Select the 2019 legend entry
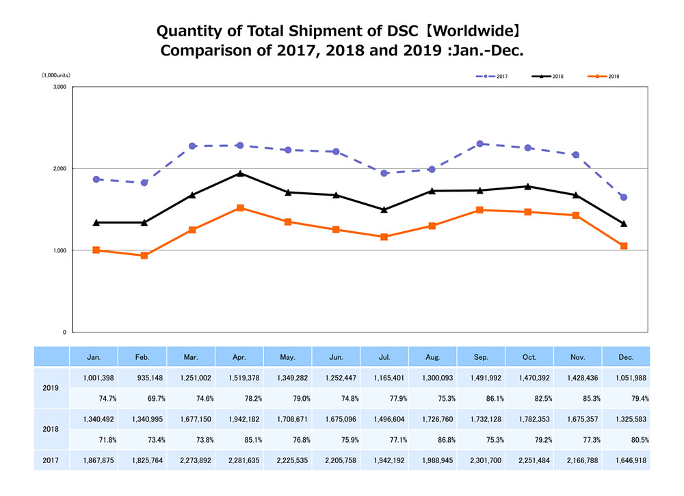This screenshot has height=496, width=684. click(x=605, y=76)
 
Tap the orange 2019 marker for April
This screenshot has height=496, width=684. click(x=240, y=208)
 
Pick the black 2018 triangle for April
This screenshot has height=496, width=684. click(x=240, y=173)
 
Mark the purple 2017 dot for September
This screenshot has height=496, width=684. click(x=480, y=144)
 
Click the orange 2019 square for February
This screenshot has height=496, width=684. click(x=144, y=256)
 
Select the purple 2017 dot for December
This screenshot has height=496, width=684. click(x=624, y=198)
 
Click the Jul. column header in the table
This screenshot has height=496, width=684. click(x=384, y=357)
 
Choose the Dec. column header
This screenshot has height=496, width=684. click(x=626, y=357)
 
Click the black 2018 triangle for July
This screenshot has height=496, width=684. click(x=384, y=209)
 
